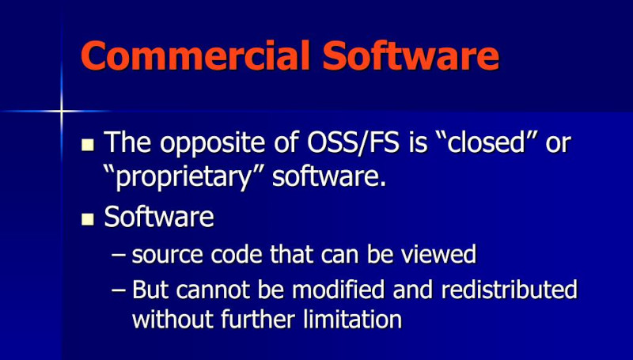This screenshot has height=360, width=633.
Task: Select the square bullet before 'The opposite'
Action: point(88,145)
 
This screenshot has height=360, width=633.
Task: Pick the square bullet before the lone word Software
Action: point(88,218)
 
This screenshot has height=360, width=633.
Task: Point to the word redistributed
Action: point(506,289)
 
